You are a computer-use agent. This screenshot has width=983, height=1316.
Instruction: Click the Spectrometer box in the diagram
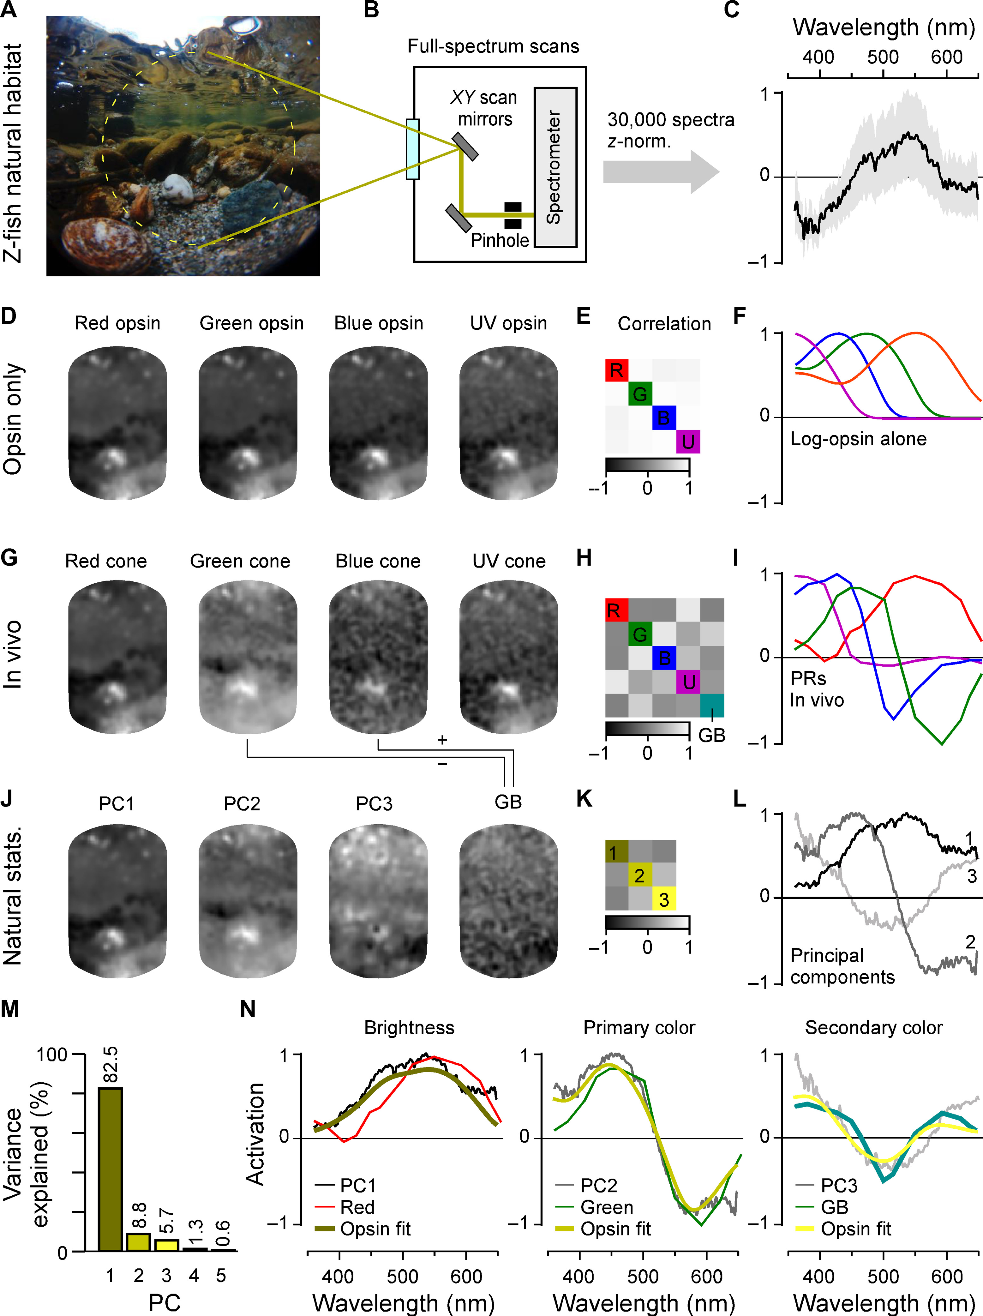[555, 167]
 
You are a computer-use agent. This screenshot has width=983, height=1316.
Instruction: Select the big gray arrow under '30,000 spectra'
[661, 172]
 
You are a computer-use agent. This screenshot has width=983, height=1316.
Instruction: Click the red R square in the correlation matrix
[616, 371]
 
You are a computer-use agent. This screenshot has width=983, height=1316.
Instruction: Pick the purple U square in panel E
[688, 442]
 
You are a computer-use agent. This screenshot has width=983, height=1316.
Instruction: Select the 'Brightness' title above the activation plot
[409, 1027]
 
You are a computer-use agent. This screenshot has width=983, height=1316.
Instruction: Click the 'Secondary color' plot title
[873, 1027]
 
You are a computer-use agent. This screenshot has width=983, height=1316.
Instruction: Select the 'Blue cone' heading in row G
[378, 561]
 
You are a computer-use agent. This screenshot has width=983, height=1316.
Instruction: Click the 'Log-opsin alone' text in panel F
[858, 439]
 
